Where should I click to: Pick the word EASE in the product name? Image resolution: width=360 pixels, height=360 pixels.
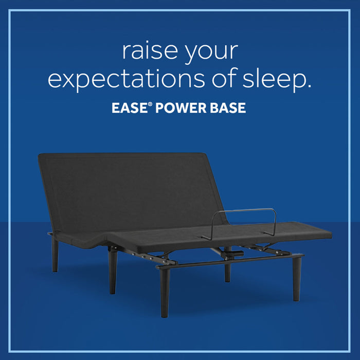pyautogui.click(x=129, y=109)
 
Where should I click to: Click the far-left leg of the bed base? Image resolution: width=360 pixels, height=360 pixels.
pyautogui.click(x=55, y=255)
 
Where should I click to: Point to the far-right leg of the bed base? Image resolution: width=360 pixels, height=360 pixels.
pyautogui.click(x=297, y=278)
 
